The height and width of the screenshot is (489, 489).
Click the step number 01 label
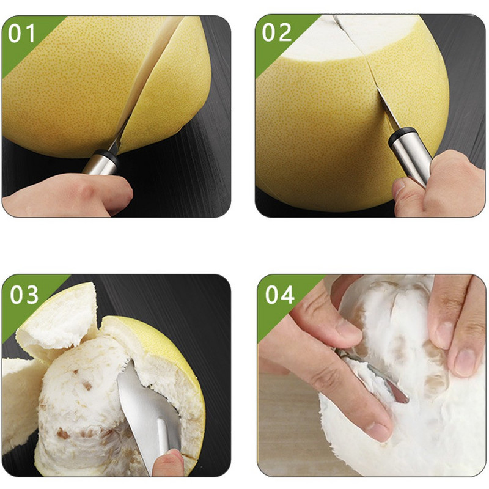click(21, 33)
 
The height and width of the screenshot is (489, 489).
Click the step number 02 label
click(277, 32)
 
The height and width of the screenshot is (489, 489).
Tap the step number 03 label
click(24, 295)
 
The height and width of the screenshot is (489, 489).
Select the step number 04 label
click(280, 295)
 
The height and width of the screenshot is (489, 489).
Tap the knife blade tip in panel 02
click(378, 89)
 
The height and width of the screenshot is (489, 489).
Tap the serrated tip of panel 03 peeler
click(127, 367)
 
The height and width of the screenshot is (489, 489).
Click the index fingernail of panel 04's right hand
click(465, 362)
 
